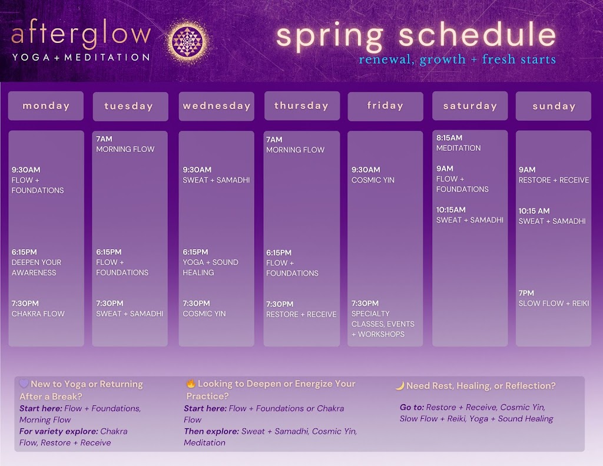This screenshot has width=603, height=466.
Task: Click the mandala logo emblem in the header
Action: (x=188, y=42)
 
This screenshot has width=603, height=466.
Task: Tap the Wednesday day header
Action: (x=217, y=106)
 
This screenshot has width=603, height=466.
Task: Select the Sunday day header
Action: (x=554, y=106)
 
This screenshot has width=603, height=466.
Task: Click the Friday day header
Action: (x=385, y=106)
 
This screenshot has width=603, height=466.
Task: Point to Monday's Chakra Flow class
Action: (x=38, y=309)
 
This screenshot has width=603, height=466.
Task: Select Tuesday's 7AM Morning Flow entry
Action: (x=125, y=144)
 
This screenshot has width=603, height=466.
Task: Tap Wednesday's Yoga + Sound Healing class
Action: (x=210, y=262)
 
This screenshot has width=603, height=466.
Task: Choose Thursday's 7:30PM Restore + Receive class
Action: (x=301, y=309)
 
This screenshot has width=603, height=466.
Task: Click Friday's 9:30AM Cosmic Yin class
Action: (x=373, y=175)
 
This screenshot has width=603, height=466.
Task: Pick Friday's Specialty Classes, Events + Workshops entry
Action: (x=383, y=319)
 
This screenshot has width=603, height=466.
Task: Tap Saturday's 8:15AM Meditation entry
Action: (x=458, y=143)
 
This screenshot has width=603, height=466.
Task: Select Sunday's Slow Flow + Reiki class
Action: (x=554, y=298)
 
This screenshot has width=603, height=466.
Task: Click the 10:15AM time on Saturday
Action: (x=450, y=210)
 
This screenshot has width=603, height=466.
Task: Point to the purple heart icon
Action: (x=24, y=384)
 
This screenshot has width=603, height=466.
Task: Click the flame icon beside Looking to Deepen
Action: (x=190, y=384)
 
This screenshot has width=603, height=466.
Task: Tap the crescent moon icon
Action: (x=400, y=385)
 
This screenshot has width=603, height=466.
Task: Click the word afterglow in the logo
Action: (x=81, y=33)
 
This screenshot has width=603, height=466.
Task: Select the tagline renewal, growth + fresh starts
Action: (x=457, y=60)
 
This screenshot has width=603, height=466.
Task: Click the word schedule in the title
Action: (x=477, y=35)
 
